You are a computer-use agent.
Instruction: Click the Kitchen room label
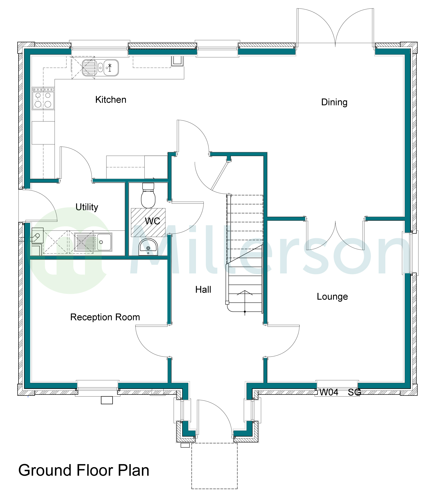click(111, 100)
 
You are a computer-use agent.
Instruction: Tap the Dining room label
click(334, 102)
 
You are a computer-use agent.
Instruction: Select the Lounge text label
click(332, 297)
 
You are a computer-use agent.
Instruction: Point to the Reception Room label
click(105, 317)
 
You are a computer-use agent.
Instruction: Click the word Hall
click(203, 290)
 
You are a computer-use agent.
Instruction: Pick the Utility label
click(87, 207)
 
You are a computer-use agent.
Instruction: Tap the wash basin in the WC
click(148, 247)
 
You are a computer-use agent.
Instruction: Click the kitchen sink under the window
click(100, 68)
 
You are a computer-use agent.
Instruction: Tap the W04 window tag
click(329, 392)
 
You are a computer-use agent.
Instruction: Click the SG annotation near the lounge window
click(354, 392)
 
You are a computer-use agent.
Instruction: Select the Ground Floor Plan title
click(84, 470)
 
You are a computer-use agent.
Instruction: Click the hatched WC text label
click(152, 221)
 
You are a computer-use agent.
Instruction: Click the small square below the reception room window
click(107, 400)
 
